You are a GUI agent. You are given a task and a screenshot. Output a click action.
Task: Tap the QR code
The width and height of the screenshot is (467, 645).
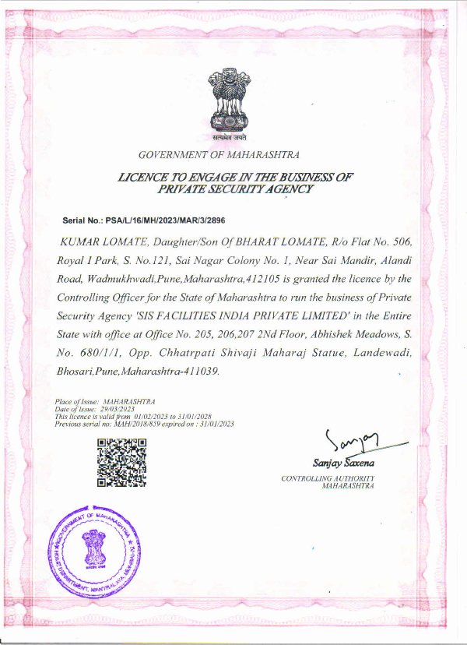pos(121,463)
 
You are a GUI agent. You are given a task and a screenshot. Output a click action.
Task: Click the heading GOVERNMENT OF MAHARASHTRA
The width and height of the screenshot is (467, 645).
pos(218,155)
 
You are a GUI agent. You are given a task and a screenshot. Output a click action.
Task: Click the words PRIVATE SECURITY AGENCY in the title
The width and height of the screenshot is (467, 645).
pos(235,189)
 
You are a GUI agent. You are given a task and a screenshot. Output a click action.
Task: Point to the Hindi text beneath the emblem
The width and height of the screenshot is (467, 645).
pos(229,137)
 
